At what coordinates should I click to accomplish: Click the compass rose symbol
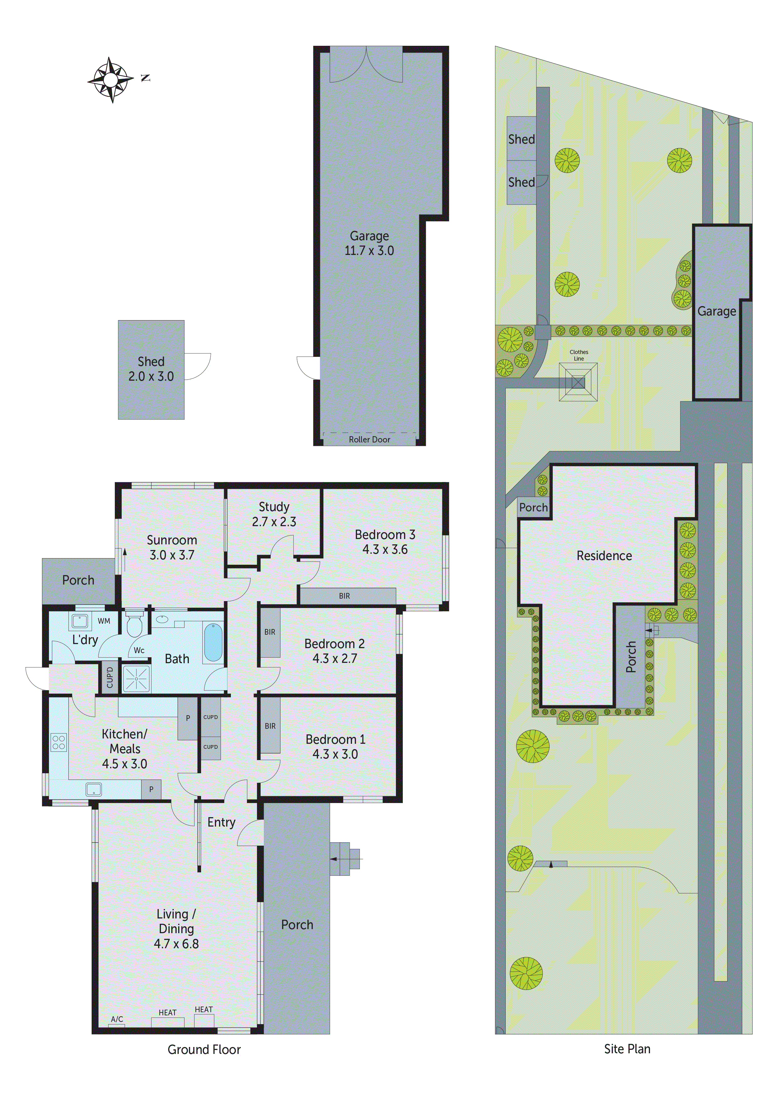(x=111, y=80)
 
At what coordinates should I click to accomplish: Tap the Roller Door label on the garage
(x=369, y=439)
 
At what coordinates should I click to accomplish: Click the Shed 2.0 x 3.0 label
(x=151, y=369)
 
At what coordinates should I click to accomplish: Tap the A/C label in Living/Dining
(x=117, y=1019)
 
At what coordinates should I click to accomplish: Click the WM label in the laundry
(x=104, y=621)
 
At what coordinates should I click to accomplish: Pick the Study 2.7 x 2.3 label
(x=274, y=514)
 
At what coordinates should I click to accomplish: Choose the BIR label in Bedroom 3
(x=344, y=596)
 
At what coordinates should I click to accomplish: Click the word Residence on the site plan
(x=604, y=556)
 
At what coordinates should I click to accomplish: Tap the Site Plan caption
(x=627, y=1049)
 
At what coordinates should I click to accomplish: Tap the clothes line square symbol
(x=578, y=382)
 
